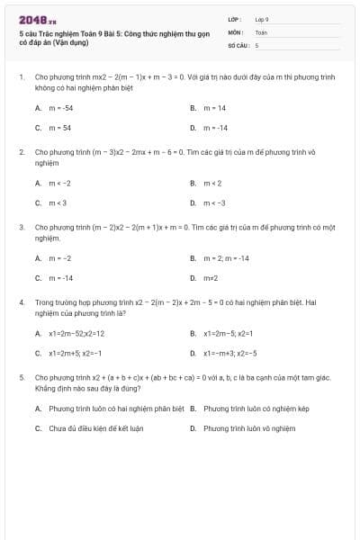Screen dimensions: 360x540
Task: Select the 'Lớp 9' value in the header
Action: coord(262,19)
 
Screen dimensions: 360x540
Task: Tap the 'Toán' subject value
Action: coord(261,31)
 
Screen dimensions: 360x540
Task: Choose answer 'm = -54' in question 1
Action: coord(60,107)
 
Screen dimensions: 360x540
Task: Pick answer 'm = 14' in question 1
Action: coord(214,107)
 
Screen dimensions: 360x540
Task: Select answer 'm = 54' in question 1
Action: coord(59,127)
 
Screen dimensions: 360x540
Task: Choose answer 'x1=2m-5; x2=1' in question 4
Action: coord(230,333)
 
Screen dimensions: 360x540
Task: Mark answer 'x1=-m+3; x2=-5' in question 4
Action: coord(230,353)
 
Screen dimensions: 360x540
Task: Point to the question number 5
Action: coord(22,377)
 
